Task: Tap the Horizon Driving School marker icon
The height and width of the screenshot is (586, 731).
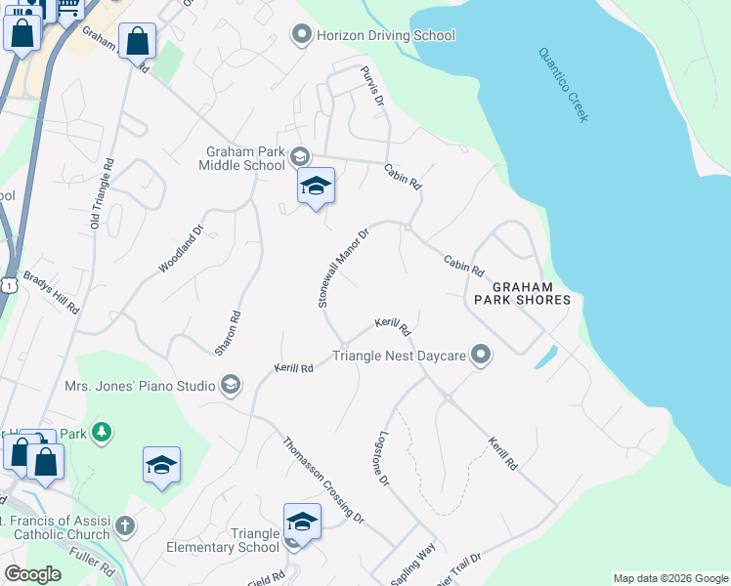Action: pyautogui.click(x=302, y=36)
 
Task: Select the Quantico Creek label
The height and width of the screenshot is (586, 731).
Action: pyautogui.click(x=564, y=85)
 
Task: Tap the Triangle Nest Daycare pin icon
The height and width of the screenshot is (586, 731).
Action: pyautogui.click(x=480, y=356)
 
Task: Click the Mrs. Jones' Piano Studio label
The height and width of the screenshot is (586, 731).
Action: pyautogui.click(x=140, y=386)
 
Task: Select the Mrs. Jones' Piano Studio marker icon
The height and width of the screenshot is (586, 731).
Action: pyautogui.click(x=230, y=386)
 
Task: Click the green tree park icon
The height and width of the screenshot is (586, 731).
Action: pyautogui.click(x=102, y=432)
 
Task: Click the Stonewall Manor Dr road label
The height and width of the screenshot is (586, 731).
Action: pyautogui.click(x=342, y=269)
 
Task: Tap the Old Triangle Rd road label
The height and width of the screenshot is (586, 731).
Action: pyautogui.click(x=96, y=194)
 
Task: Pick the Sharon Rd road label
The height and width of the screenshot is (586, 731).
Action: pyautogui.click(x=228, y=333)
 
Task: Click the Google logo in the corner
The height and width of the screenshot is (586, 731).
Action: pyautogui.click(x=32, y=574)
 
